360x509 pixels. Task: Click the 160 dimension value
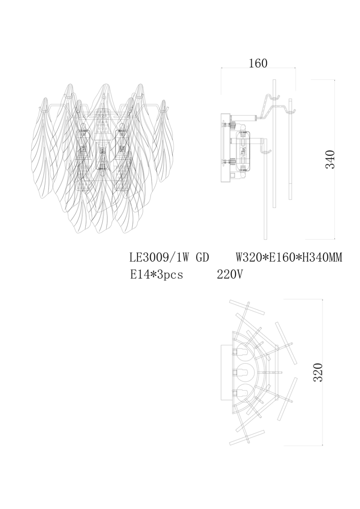pos(258,63)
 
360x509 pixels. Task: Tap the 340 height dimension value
pos(331,159)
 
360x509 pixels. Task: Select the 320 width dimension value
pos(318,372)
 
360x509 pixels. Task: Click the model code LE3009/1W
pos(159,258)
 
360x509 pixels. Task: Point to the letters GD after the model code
pos(201,258)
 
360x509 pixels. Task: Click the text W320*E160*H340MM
pos(289,258)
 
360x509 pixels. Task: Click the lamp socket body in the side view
pos(243,152)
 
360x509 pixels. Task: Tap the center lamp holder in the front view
pos(103,156)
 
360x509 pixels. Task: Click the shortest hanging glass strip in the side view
pos(290,149)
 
